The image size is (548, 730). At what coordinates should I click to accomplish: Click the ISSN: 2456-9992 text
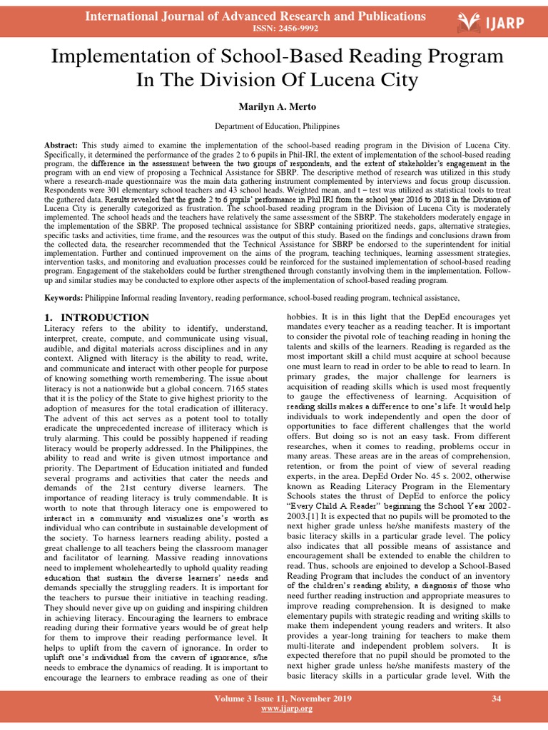[x=274, y=29]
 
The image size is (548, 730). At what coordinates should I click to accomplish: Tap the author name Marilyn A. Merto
[x=274, y=106]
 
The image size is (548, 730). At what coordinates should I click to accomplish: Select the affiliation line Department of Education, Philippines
[x=274, y=126]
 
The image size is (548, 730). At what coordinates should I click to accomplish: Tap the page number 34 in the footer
[x=497, y=699]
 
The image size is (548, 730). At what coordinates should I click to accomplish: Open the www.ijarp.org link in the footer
[x=274, y=710]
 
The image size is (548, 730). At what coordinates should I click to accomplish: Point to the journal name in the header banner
[x=255, y=16]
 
